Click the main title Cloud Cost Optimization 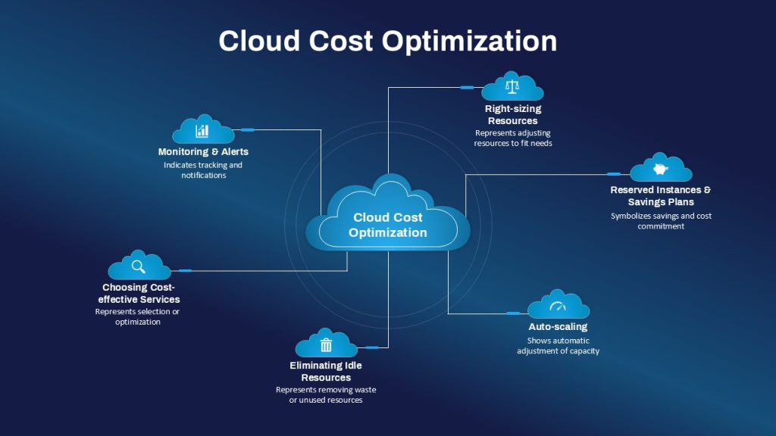387,41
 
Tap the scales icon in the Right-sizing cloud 512,86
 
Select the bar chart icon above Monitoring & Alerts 202,130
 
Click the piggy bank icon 660,169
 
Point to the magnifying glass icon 139,267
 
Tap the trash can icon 326,344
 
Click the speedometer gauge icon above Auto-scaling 558,307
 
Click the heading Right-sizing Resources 513,115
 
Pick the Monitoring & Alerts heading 203,151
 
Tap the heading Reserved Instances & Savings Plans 661,196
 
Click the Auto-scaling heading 558,327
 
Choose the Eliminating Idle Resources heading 326,371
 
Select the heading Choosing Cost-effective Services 139,293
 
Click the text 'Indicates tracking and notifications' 203,170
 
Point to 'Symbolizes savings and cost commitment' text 661,221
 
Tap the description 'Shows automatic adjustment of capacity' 558,345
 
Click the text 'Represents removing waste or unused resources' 326,394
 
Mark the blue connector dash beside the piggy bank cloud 614,174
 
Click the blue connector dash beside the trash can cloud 371,347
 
